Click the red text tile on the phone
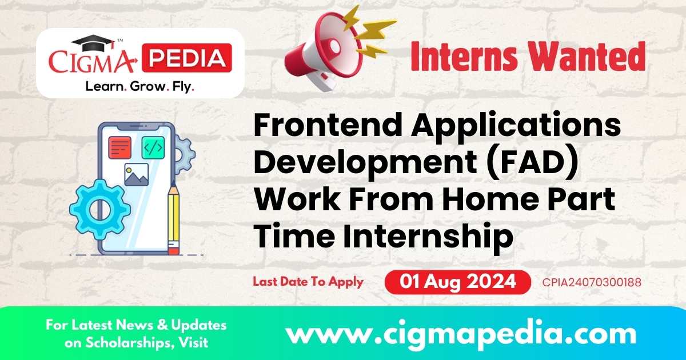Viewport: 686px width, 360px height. [x=120, y=147]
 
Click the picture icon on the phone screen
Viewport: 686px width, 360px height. [x=136, y=175]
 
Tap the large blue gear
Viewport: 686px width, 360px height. [x=99, y=209]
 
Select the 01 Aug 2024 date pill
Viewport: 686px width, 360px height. [x=458, y=282]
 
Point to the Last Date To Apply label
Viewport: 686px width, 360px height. [x=308, y=282]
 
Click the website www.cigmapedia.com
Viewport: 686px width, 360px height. [x=461, y=333]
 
